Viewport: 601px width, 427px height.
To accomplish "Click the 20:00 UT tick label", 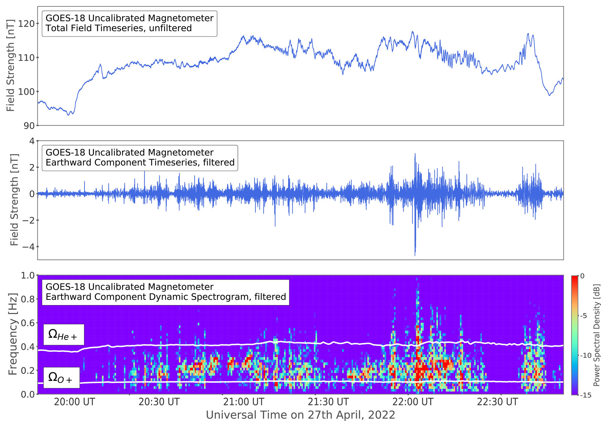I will [x=74, y=402].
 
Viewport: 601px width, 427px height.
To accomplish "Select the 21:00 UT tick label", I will [x=244, y=402].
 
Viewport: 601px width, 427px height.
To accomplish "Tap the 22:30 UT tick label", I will [x=497, y=402].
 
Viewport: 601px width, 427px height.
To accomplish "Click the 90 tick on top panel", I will [x=29, y=126].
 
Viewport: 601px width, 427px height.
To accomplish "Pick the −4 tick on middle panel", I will [x=26, y=247].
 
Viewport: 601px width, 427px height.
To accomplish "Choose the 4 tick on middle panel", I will [x=32, y=141].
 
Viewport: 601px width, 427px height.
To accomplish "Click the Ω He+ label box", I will [x=63, y=334].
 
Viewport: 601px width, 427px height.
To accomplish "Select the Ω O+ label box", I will [x=61, y=377].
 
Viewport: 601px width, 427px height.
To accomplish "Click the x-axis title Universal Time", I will [x=300, y=415].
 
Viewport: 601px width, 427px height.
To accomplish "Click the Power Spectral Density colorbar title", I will [x=596, y=335].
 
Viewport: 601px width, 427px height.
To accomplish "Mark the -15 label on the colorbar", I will [x=586, y=395].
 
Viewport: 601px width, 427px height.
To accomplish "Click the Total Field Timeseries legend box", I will [x=129, y=23].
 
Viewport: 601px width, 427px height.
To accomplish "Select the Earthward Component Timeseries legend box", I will [x=140, y=158].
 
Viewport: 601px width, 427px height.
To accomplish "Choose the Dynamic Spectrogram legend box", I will [x=165, y=292].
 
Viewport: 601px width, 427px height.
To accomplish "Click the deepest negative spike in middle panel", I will [x=415, y=255].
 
